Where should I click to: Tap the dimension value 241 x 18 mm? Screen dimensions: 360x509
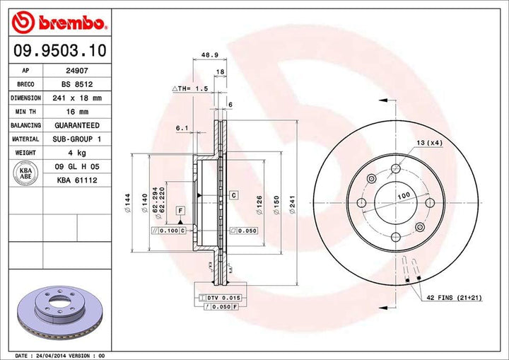tap(77, 98)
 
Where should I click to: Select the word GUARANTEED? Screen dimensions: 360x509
tap(77, 125)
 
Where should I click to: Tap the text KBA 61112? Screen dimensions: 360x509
tap(77, 180)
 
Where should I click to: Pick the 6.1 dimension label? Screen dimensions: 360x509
tap(182, 128)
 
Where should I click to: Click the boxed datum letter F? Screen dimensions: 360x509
tap(181, 211)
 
